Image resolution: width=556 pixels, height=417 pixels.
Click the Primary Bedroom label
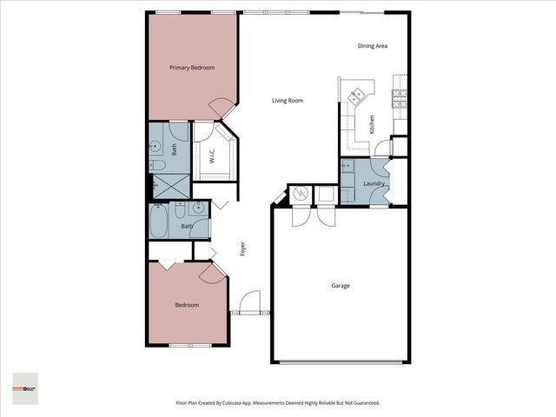(x=192, y=68)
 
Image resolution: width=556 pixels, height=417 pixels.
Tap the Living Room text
(x=288, y=101)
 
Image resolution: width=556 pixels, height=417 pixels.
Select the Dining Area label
(x=373, y=46)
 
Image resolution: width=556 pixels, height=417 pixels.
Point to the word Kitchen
(x=372, y=123)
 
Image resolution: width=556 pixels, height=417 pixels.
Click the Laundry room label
(x=374, y=183)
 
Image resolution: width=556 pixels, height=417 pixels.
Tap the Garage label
(x=341, y=285)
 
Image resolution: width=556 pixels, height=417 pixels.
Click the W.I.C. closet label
(x=212, y=156)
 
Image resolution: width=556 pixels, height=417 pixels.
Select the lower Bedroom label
(x=187, y=305)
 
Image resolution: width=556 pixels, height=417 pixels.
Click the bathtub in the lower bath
(x=161, y=221)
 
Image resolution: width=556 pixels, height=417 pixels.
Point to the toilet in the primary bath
(x=157, y=165)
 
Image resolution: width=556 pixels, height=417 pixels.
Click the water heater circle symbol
(x=300, y=193)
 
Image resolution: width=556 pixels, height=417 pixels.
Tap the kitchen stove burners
(x=355, y=96)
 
